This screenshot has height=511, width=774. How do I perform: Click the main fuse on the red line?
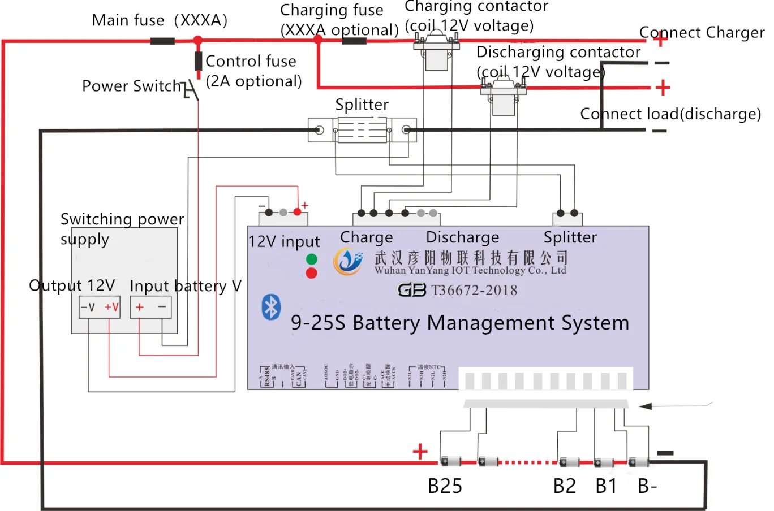tap(162, 41)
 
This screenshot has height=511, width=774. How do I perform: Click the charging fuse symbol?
tap(354, 41)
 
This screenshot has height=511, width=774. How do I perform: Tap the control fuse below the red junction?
tap(198, 60)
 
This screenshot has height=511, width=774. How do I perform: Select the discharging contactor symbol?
tap(503, 96)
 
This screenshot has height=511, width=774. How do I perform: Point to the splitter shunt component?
tap(362, 130)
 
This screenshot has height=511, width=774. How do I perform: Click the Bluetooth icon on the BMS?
tap(271, 307)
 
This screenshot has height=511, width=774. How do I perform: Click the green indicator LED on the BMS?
tap(311, 259)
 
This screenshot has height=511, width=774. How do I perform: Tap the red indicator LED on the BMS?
tap(311, 274)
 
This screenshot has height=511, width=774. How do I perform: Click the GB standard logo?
tap(411, 290)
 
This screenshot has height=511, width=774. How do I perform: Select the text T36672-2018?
tap(474, 291)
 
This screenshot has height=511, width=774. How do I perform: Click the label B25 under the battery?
tap(445, 486)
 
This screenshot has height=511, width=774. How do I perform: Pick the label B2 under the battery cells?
tap(564, 486)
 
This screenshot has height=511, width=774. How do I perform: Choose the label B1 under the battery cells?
tap(606, 486)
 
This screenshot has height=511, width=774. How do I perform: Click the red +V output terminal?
tap(111, 308)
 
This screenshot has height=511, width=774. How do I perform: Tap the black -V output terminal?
tap(88, 308)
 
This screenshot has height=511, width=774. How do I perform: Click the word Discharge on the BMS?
tap(462, 237)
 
